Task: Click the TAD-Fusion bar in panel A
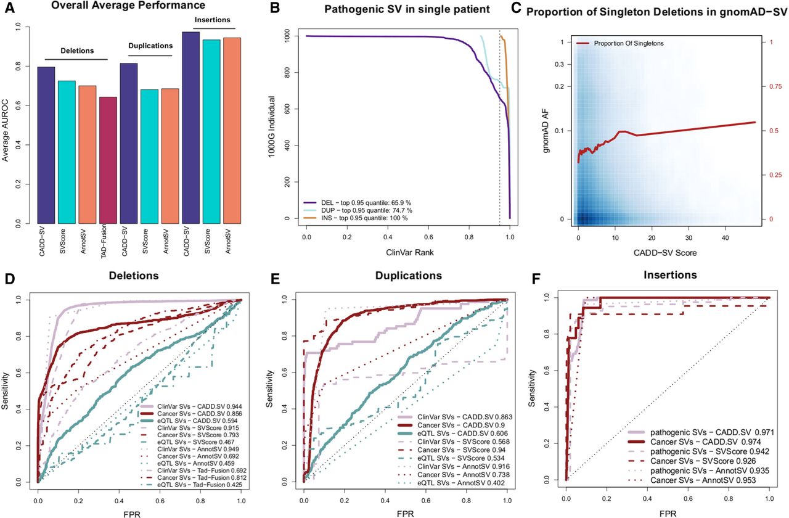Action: pyautogui.click(x=108, y=160)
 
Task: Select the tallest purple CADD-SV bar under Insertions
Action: pyautogui.click(x=191, y=128)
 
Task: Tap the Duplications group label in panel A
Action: pyautogui.click(x=150, y=46)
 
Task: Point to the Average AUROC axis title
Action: pyautogui.click(x=5, y=125)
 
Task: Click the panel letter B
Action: pyautogui.click(x=274, y=8)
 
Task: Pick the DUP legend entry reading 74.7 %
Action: pyautogui.click(x=366, y=210)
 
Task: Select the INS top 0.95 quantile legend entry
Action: pyautogui.click(x=364, y=218)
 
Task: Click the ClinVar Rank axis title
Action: pyautogui.click(x=410, y=252)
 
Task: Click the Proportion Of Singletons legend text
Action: pyautogui.click(x=629, y=43)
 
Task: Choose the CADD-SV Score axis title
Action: pyautogui.click(x=665, y=253)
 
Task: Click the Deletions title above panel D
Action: pyautogui.click(x=134, y=276)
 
